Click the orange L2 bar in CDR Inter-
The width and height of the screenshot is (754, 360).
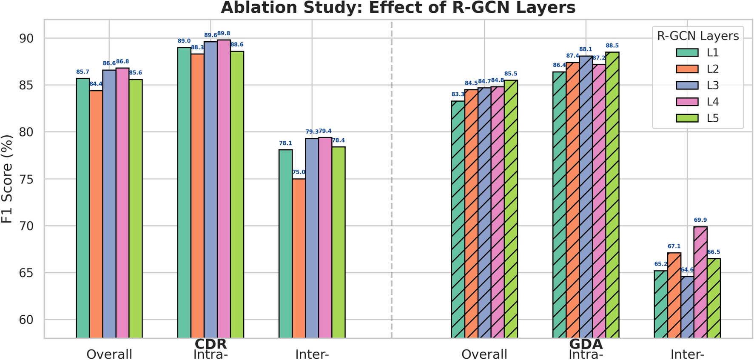(x=299, y=258)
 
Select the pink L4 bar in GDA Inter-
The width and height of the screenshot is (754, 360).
(x=700, y=282)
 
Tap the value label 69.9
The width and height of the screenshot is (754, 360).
(x=700, y=220)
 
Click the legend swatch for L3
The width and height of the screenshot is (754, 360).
(x=687, y=86)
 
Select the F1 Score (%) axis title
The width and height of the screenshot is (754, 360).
(x=7, y=179)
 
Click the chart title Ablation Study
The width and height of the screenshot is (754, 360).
(x=398, y=8)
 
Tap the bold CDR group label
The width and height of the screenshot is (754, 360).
(x=211, y=344)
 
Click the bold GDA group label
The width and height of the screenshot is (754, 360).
(x=586, y=344)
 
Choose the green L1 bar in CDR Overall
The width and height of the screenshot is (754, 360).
(x=83, y=208)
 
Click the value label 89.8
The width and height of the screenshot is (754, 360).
(x=224, y=34)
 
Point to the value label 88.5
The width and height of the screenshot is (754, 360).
(x=612, y=46)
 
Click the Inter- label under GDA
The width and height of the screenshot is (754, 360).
(x=687, y=354)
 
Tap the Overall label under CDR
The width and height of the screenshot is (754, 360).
(x=109, y=354)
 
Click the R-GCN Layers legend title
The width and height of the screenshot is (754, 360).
(x=698, y=36)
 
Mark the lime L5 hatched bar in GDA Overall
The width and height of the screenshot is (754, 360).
(x=511, y=209)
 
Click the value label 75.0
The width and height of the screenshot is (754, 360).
(x=299, y=172)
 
